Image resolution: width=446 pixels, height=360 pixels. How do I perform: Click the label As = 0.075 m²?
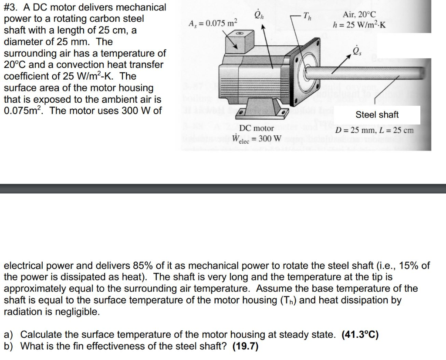[x=213, y=23]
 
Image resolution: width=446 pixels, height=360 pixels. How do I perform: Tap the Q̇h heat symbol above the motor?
[x=259, y=16]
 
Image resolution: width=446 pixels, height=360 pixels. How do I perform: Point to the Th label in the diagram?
[x=307, y=17]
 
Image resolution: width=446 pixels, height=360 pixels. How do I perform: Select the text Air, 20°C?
[x=359, y=14]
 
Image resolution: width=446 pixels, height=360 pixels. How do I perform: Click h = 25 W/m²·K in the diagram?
[x=359, y=24]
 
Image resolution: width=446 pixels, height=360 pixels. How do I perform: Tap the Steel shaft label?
[x=377, y=115]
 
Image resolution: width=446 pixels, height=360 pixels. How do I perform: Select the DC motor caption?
[x=257, y=128]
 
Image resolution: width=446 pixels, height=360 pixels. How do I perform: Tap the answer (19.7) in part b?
[x=246, y=347]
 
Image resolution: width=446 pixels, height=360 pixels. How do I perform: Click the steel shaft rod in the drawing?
[x=375, y=72]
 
